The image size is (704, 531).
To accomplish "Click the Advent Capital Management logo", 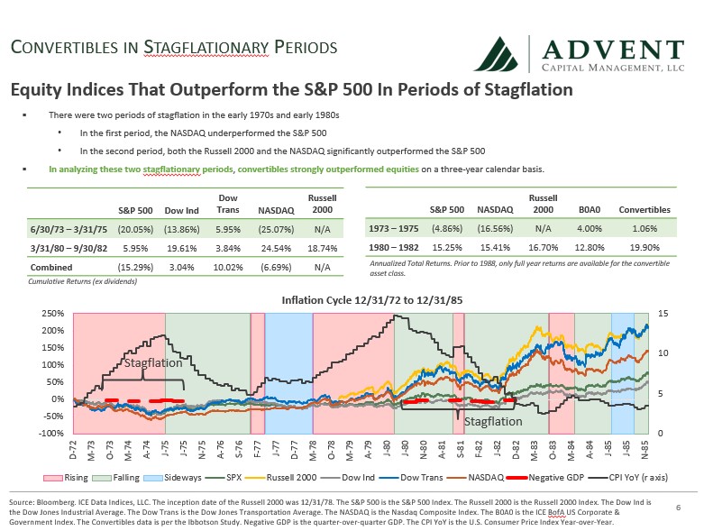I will tap(577, 54).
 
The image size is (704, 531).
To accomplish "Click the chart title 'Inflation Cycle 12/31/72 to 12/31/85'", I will tap(360, 299).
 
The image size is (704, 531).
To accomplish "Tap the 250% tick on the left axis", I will tap(53, 313).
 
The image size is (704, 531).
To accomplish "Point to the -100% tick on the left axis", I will tap(52, 434).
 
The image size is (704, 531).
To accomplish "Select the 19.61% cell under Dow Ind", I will tap(180, 248).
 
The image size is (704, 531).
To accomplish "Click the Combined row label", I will tap(52, 268).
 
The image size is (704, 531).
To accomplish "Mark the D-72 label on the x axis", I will tap(73, 449).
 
